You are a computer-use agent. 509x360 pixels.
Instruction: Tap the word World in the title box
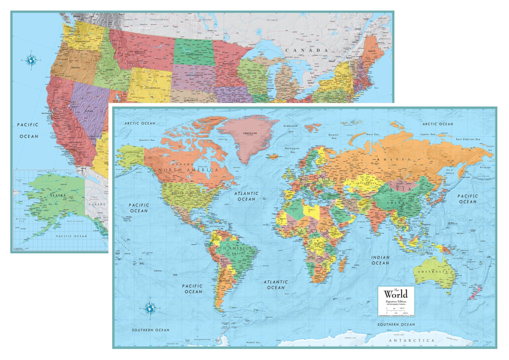(395, 294)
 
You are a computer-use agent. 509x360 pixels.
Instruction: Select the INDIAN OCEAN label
(380, 260)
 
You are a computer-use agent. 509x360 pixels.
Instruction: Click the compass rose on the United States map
(31, 60)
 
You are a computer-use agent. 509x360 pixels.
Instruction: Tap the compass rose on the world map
(149, 308)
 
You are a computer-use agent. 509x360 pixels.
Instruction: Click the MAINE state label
(371, 51)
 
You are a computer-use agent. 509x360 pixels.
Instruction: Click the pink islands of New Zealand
(472, 293)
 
